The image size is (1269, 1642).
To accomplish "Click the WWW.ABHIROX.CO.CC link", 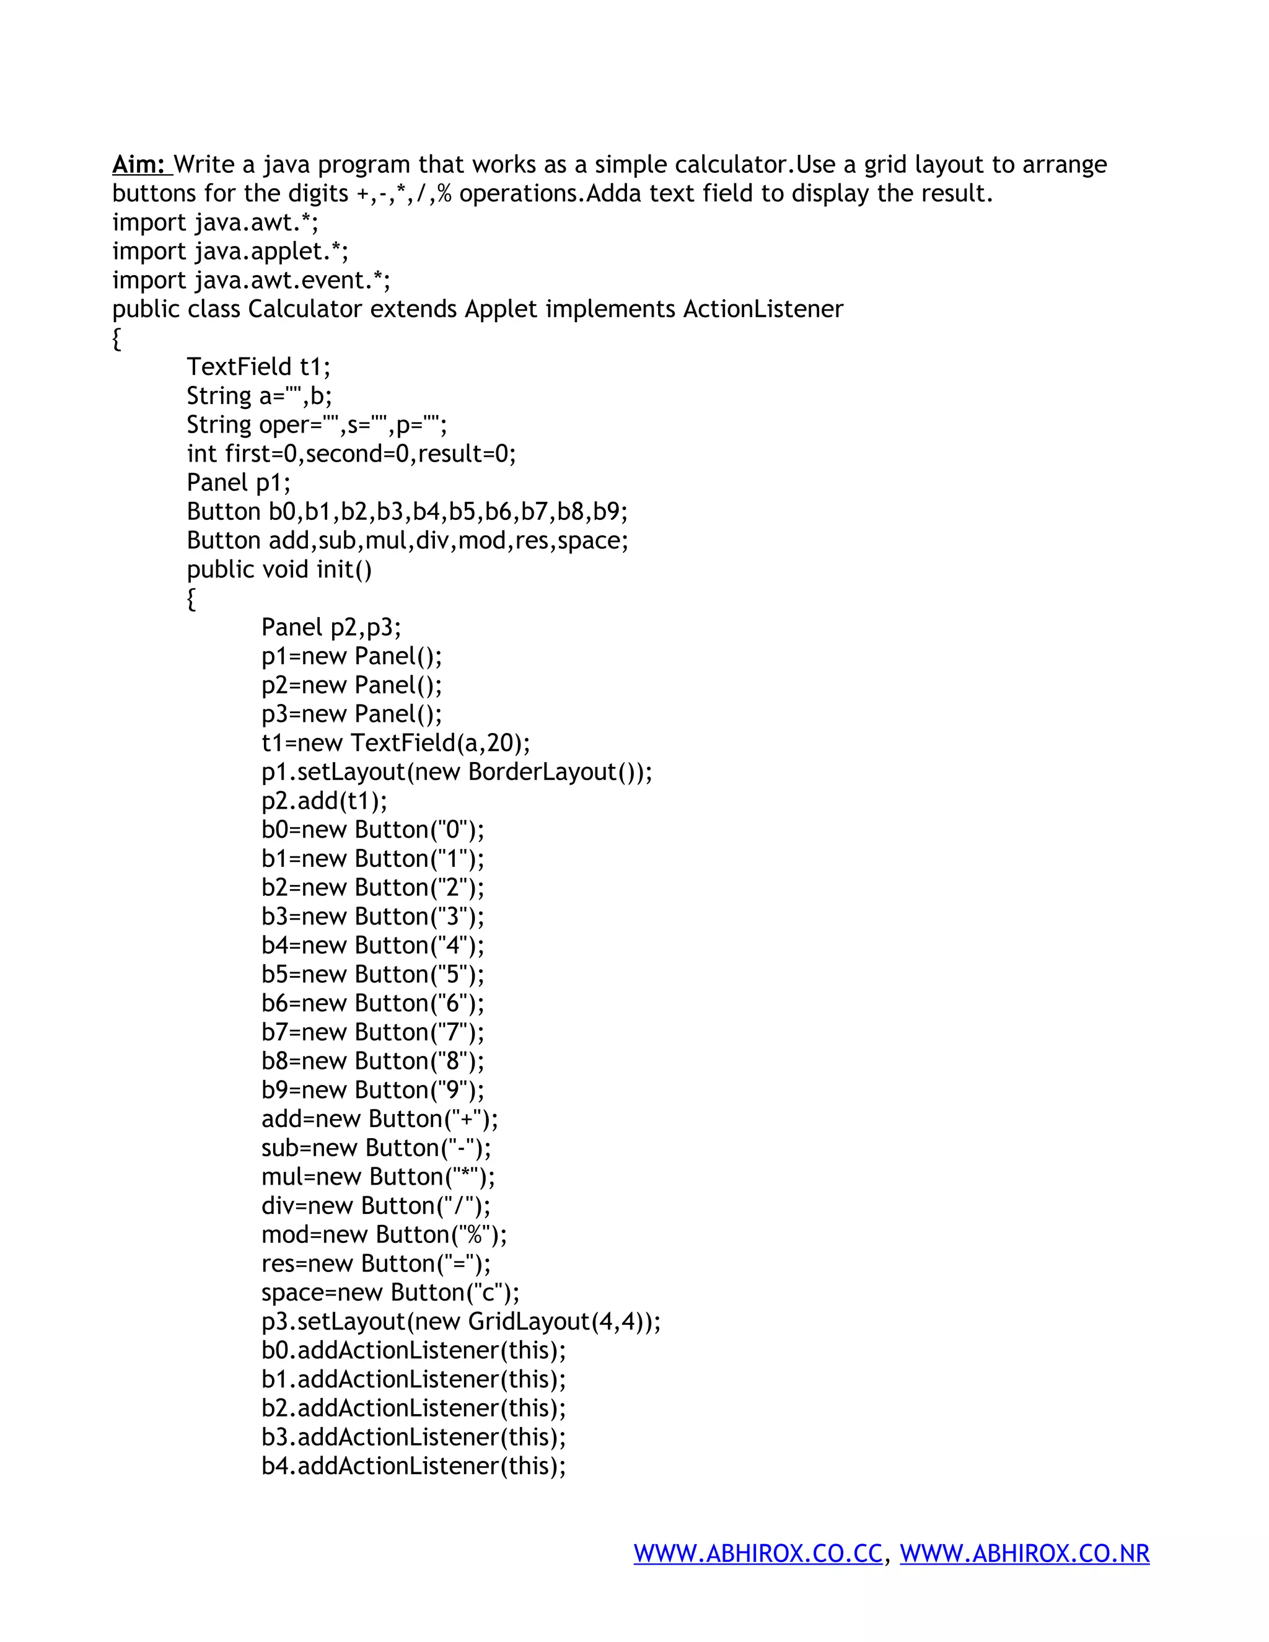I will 758,1553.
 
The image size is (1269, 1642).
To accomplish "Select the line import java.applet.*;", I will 230,251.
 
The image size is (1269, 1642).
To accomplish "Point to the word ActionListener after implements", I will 763,309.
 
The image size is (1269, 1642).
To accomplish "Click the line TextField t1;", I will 258,367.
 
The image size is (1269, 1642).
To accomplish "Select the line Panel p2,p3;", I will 331,627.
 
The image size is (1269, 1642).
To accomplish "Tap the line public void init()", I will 279,569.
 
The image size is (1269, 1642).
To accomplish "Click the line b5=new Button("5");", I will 373,975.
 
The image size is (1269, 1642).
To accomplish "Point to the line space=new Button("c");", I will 390,1293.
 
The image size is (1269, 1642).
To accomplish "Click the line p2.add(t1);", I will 324,801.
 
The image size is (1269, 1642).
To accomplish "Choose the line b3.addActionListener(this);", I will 413,1437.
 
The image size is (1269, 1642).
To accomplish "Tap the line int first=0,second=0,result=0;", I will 351,454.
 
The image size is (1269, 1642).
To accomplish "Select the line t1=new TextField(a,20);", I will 395,743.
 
